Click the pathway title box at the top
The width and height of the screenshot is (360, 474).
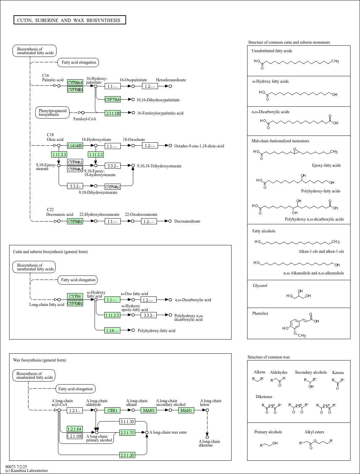coord(69,20)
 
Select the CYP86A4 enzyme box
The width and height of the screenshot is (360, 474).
coord(75,83)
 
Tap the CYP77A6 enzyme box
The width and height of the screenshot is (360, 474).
coord(113,99)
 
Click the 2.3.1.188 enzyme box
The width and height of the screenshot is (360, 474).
coord(113,113)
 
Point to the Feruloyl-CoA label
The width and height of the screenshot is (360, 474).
coord(85,119)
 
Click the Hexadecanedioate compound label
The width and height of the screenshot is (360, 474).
coord(171,80)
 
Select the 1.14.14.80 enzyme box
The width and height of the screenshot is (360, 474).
coord(75,146)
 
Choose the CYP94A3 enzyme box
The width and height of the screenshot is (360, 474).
coord(75,169)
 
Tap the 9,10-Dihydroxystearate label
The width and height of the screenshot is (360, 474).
coord(98,192)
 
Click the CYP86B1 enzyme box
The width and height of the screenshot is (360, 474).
coord(75,221)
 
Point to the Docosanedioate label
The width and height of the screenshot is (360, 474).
coord(187,221)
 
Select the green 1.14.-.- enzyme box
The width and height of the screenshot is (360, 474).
coord(112,330)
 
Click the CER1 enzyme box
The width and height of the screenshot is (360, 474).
coord(112,410)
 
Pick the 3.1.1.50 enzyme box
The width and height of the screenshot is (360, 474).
coord(127,421)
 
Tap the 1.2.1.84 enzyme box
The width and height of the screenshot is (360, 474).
coord(75,429)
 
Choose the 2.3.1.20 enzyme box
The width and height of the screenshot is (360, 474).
coord(127,455)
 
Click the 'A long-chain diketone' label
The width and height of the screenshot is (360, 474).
coord(209,443)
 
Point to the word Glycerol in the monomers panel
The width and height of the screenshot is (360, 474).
coord(260,286)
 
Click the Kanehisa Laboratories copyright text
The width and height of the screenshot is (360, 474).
coord(26,471)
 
